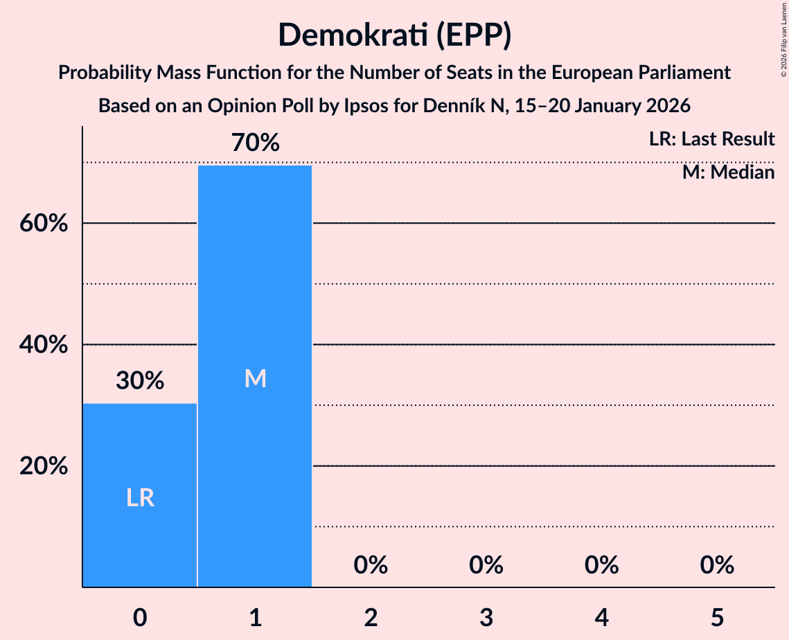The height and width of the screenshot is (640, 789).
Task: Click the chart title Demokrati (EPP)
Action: click(394, 35)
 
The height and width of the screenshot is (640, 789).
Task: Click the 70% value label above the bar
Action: click(256, 143)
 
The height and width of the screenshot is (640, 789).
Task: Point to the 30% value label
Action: click(140, 380)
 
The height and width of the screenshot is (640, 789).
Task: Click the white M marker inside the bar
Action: click(256, 378)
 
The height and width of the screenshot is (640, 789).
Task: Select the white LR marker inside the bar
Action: click(140, 497)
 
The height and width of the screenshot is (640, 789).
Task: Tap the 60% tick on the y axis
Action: click(44, 224)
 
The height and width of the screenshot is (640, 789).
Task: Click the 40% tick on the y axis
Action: click(44, 345)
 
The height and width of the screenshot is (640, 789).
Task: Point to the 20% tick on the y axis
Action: click(44, 466)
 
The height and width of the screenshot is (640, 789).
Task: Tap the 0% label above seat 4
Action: click(601, 566)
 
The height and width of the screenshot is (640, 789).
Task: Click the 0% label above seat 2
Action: click(371, 566)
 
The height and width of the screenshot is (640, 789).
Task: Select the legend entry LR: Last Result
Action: click(711, 139)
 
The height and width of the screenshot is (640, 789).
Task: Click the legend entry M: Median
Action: click(728, 172)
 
